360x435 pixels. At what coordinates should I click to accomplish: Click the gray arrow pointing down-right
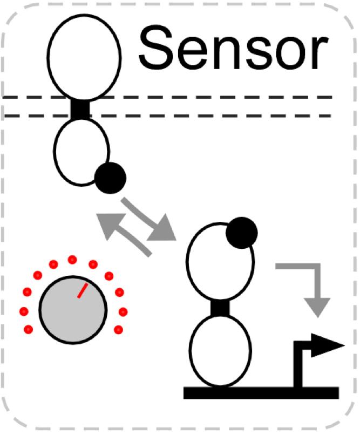[149, 220]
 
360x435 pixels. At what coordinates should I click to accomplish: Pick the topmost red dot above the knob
[72, 260]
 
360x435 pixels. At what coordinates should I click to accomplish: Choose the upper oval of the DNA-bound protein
[219, 264]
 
